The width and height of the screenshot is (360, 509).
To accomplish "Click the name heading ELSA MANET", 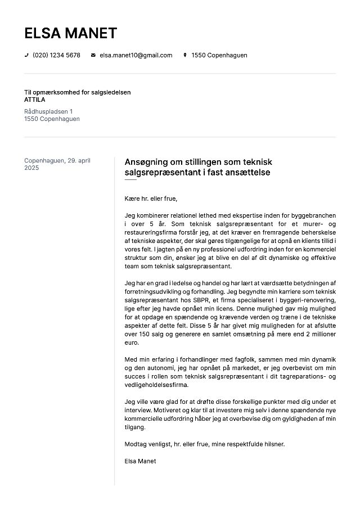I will (70, 33).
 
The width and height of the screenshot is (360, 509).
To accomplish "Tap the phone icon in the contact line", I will (26, 55).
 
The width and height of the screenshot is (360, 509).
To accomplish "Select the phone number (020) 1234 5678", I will (56, 55).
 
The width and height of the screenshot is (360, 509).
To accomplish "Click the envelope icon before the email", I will (93, 55).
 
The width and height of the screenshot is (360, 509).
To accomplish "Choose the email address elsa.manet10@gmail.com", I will (136, 55).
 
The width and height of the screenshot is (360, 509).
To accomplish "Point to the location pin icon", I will (184, 55).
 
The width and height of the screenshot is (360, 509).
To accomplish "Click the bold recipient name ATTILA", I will (35, 100).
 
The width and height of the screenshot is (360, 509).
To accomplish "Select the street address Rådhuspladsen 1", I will (48, 111).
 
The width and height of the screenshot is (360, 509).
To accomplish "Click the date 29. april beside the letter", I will (79, 160).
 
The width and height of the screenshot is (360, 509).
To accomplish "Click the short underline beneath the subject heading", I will (130, 180).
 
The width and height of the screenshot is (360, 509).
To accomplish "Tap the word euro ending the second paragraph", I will (131, 341).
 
